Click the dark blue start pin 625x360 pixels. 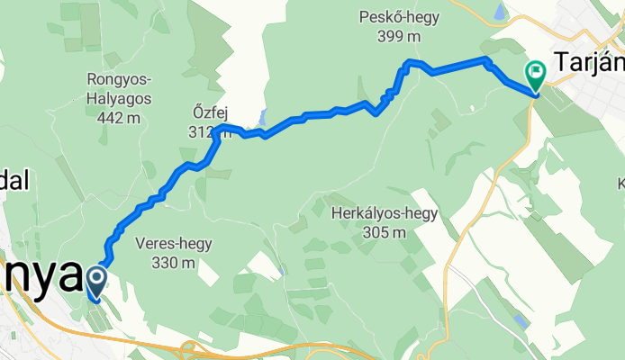click(x=95, y=283)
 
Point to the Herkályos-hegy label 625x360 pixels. click(x=385, y=214)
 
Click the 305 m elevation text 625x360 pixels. click(x=385, y=232)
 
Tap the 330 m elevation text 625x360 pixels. click(x=176, y=263)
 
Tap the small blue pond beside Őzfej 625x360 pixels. click(x=261, y=117)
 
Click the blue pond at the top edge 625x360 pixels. click(x=499, y=13)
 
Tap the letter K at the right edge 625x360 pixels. click(x=620, y=185)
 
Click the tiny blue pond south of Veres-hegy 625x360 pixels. click(x=282, y=269)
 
